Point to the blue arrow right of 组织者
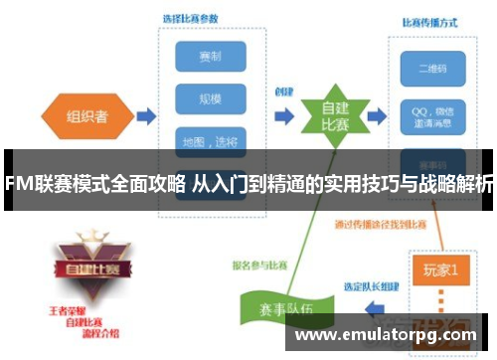[145, 115]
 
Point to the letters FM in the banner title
[17, 183]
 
